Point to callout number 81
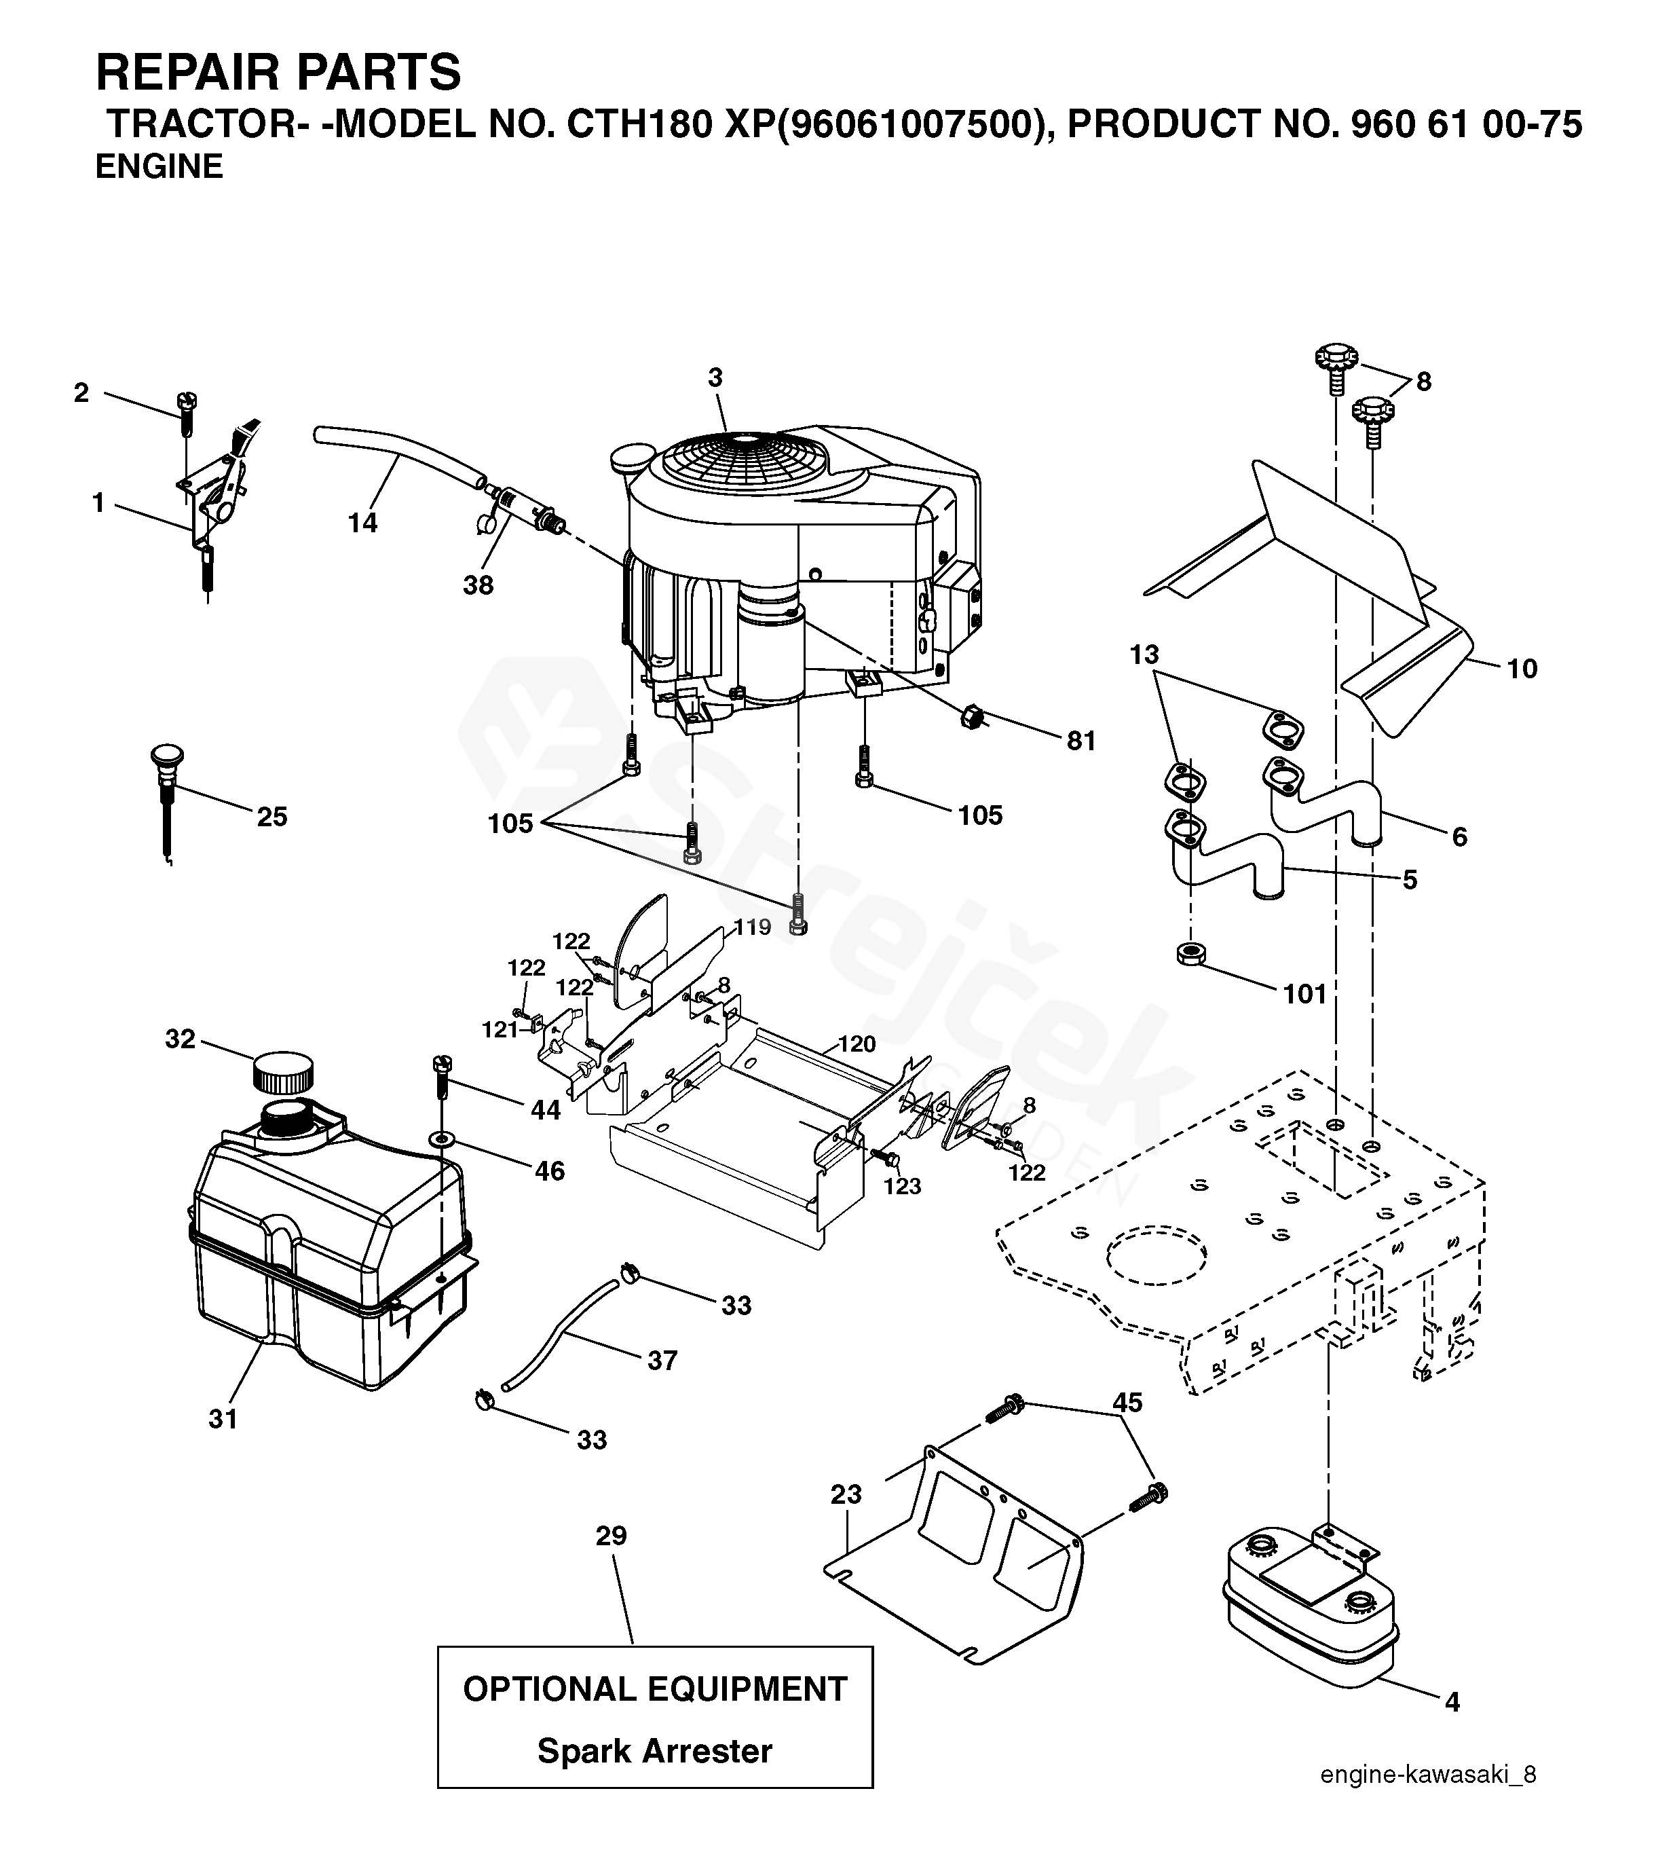[1081, 741]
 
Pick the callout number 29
[612, 1536]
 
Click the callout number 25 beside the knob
[272, 817]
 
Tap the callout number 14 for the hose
[362, 523]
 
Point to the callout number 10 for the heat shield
[1522, 669]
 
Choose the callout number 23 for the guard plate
[846, 1494]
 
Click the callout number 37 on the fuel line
[662, 1361]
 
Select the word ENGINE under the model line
[159, 167]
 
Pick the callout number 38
[478, 585]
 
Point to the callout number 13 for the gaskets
[1144, 654]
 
